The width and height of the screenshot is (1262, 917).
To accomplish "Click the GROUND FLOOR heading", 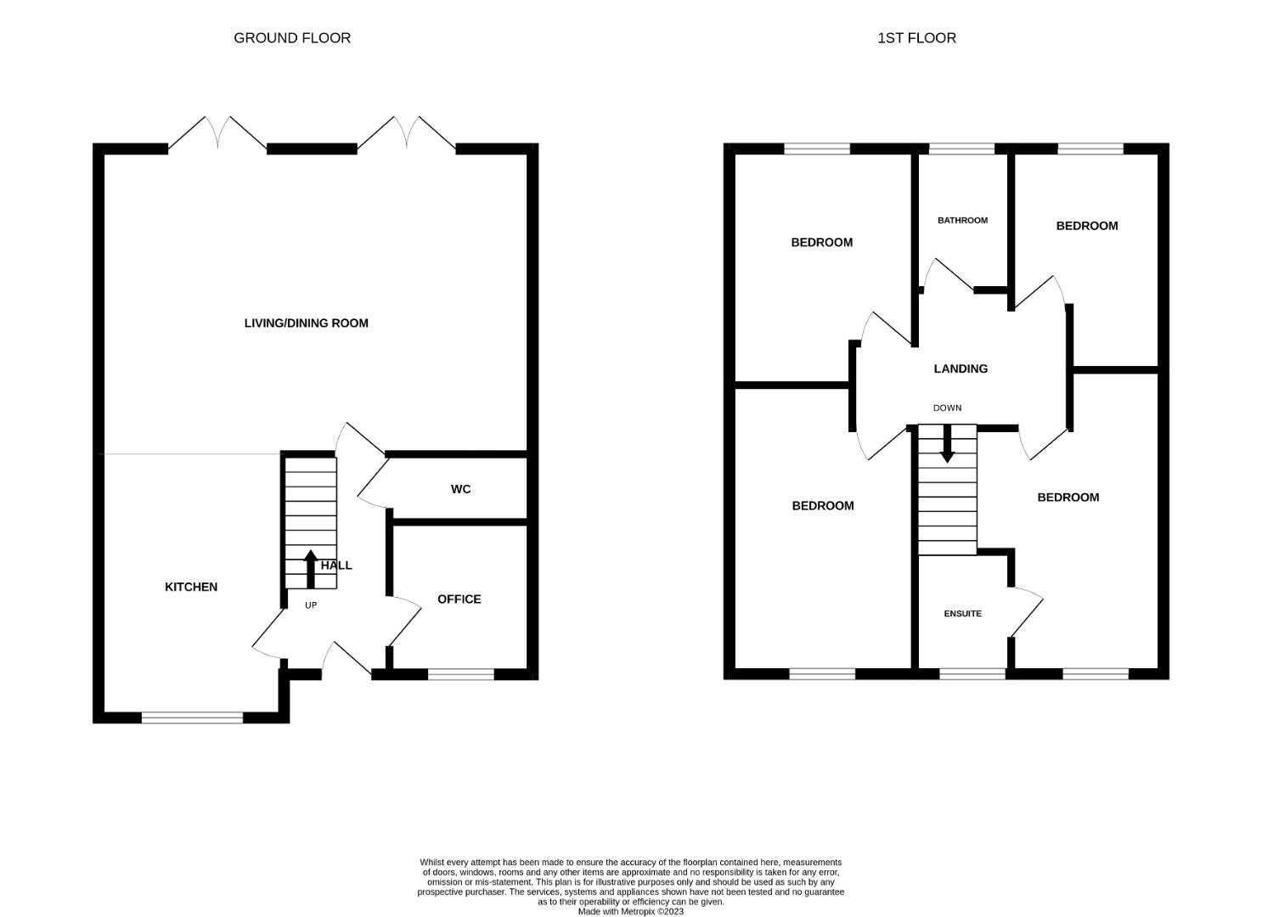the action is (292, 38).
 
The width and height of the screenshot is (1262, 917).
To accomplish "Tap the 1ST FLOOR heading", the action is (916, 38).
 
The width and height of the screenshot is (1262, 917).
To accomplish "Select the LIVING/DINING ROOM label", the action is (306, 323).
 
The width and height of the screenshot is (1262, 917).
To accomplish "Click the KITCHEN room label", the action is (191, 587).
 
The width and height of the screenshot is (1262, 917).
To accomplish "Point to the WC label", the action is (460, 489).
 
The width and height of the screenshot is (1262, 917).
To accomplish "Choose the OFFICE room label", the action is (459, 599).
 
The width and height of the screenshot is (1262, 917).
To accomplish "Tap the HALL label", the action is (336, 565).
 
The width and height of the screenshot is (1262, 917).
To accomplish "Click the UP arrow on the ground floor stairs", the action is (311, 569).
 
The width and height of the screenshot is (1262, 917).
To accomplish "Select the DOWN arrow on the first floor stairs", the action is (947, 443).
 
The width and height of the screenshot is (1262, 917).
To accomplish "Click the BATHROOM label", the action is (962, 220).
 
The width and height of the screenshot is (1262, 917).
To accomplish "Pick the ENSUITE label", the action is (962, 613).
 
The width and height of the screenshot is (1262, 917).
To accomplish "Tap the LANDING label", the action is (961, 369).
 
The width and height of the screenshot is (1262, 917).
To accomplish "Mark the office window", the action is (461, 674).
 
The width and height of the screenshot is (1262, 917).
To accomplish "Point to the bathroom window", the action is (961, 149).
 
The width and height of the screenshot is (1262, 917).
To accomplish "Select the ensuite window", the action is (972, 673).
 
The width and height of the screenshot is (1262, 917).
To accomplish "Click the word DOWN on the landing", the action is (947, 408).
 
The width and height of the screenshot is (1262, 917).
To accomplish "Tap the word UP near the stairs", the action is (311, 605).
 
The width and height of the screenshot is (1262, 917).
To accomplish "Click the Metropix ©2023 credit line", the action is (630, 911).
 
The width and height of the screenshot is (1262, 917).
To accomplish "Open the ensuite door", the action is (1028, 614).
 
